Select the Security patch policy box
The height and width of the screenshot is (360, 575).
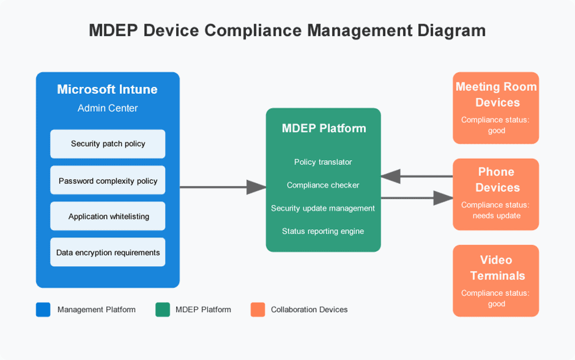coord(108,144)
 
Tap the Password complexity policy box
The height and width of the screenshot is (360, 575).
coord(108,180)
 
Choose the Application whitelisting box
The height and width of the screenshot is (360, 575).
coord(108,216)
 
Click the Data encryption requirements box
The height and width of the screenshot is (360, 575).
coord(108,252)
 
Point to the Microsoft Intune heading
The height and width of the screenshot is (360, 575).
coord(108,89)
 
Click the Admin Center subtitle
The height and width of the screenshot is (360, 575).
coord(108,108)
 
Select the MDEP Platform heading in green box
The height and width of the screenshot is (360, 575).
coord(324,128)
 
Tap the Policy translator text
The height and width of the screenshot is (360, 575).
coord(323,162)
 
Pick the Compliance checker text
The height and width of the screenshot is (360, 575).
coord(323,185)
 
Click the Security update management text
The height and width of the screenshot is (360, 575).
coord(323,209)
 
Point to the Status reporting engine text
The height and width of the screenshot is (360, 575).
coord(323,231)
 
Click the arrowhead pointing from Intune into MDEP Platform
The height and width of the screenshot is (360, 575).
coord(256,187)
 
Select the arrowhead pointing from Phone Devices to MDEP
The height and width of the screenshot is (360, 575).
coord(391,176)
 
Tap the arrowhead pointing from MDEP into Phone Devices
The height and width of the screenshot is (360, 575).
coord(443,198)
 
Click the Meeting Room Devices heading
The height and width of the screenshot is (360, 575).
coord(496,95)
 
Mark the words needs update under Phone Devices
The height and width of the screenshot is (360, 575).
coord(496,216)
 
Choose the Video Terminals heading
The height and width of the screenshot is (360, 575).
coord(497,268)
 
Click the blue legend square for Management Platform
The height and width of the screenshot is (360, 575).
coord(43,309)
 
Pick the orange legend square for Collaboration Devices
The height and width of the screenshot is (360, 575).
coord(258,309)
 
